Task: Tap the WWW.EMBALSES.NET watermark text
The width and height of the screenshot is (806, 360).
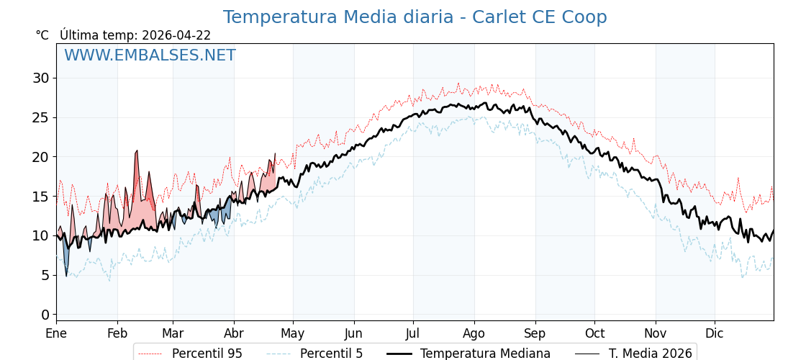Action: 150,55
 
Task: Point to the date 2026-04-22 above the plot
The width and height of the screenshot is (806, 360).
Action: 176,35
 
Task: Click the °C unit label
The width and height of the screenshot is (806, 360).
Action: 42,35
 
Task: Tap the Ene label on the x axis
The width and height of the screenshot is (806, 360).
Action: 56,333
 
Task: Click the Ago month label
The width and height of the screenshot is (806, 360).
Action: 474,333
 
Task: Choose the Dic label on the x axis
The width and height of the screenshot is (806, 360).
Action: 715,333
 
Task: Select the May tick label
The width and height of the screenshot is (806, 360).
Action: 293,333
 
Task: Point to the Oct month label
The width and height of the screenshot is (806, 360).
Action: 594,333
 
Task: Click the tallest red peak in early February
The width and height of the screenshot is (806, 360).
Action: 137,152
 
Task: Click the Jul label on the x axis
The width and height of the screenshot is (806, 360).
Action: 413,333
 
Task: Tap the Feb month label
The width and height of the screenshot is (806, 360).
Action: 117,333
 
